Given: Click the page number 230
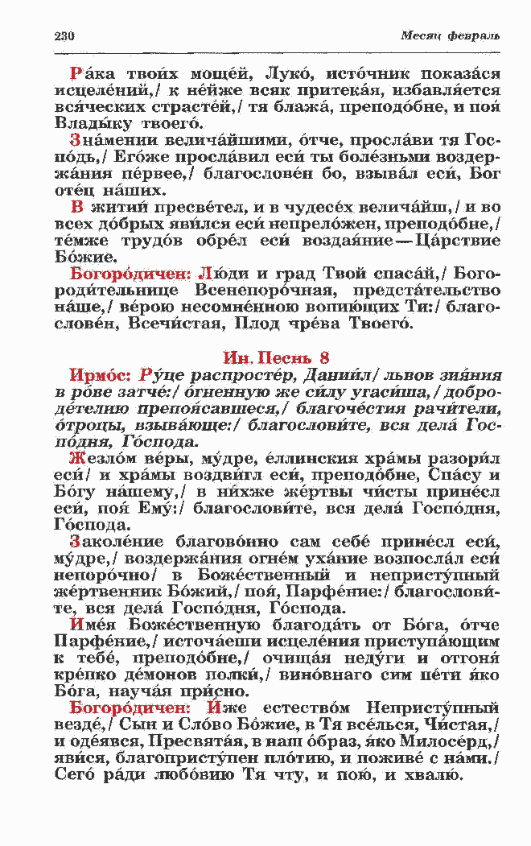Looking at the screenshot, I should (x=64, y=36).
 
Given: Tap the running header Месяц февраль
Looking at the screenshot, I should (x=451, y=36).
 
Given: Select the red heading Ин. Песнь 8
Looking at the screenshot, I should (x=276, y=358).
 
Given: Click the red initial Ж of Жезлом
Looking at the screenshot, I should (x=76, y=459).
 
